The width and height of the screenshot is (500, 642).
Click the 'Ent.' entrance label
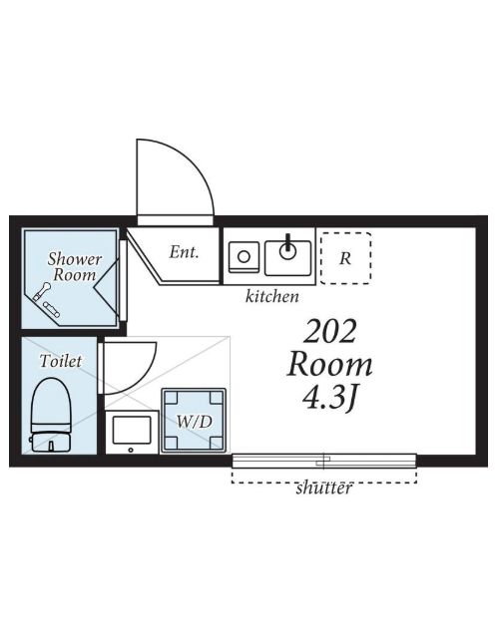[x=184, y=252]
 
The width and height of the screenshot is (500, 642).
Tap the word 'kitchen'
[x=272, y=296]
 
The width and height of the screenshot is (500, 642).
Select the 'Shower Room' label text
[x=74, y=266]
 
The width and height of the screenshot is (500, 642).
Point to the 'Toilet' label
[x=61, y=361]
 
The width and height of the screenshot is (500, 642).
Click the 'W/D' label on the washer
[x=195, y=422]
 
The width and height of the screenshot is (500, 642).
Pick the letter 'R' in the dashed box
[x=345, y=258]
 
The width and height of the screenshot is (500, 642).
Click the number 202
[x=329, y=332]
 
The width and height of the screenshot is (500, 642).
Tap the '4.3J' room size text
[x=329, y=398]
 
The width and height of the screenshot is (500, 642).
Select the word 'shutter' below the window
[x=323, y=487]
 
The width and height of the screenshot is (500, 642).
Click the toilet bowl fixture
[x=51, y=404]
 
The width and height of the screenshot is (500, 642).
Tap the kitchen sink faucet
[x=288, y=242]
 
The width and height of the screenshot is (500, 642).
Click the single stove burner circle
[x=244, y=257]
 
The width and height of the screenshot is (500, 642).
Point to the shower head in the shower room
[x=41, y=292]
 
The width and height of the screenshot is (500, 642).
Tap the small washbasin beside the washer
[x=132, y=432]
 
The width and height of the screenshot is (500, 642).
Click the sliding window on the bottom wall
[x=324, y=461]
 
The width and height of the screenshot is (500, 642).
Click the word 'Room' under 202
[x=329, y=365]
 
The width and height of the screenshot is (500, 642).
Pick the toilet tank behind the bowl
[x=51, y=442]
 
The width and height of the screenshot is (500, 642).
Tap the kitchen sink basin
[x=288, y=258]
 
